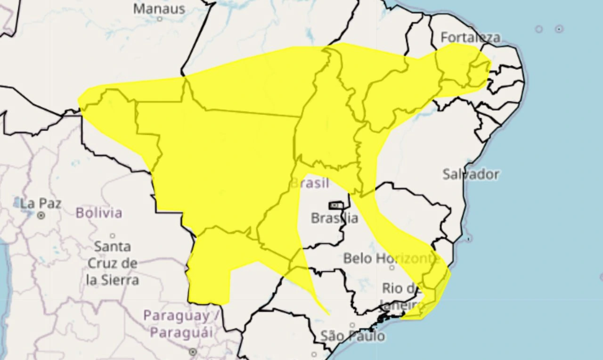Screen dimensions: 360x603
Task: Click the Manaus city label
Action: click(x=159, y=8)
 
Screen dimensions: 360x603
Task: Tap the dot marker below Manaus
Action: click(x=160, y=19)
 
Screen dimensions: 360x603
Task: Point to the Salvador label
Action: click(x=470, y=174)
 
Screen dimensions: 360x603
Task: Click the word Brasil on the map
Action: click(x=310, y=183)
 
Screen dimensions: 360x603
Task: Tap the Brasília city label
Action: click(x=334, y=218)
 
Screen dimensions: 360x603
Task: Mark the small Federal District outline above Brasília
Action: click(x=335, y=205)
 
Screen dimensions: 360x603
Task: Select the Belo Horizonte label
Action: click(x=391, y=258)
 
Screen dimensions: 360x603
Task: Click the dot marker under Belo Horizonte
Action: click(x=391, y=268)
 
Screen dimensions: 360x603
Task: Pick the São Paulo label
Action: click(x=352, y=336)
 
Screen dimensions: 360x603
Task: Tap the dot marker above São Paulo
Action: click(x=352, y=325)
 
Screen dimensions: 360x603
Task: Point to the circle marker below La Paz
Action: click(x=41, y=215)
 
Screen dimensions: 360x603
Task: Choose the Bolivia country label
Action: click(x=99, y=213)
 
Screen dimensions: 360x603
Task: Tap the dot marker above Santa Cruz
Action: click(x=112, y=236)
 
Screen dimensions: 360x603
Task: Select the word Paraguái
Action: click(x=181, y=332)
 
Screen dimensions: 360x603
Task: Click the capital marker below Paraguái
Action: click(x=192, y=352)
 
